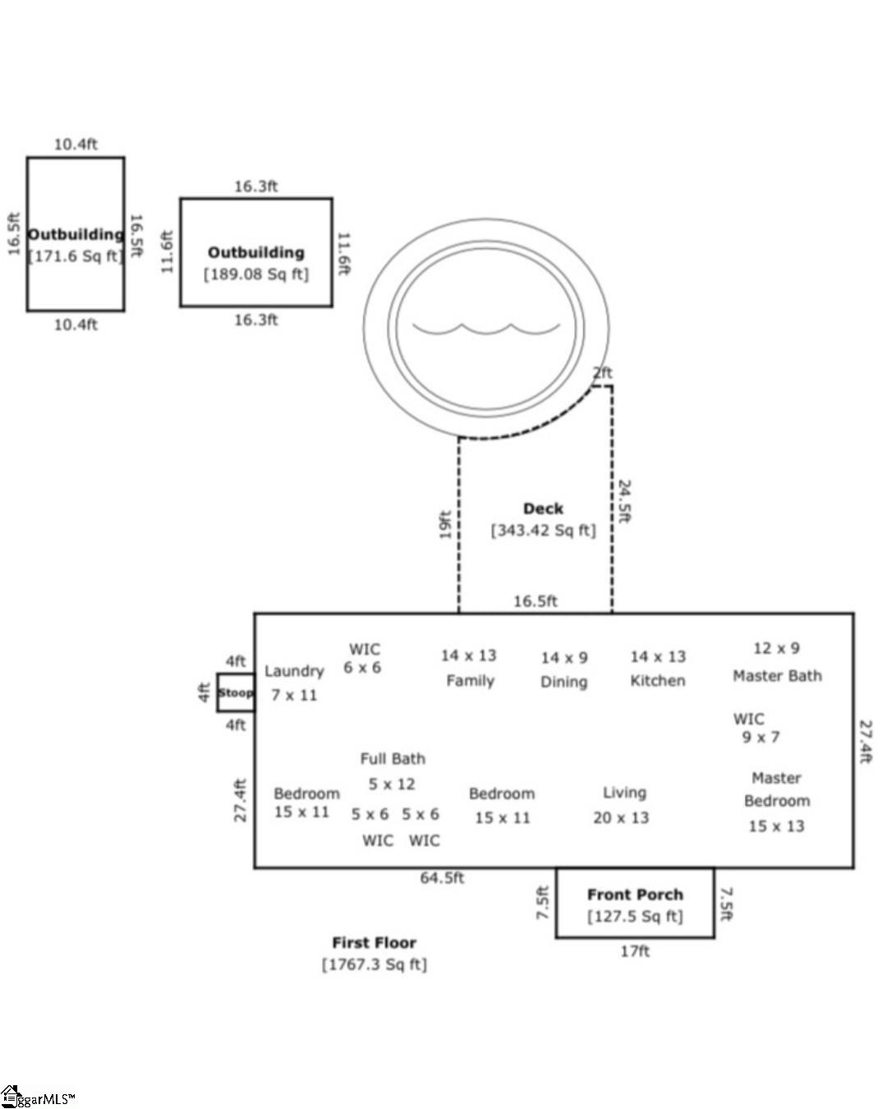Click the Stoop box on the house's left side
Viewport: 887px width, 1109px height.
click(236, 693)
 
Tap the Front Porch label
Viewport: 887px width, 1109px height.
click(635, 895)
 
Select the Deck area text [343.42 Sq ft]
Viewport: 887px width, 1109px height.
click(543, 531)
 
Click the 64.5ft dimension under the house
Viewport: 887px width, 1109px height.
click(442, 878)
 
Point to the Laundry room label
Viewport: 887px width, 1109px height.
click(294, 671)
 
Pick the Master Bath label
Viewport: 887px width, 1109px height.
click(777, 676)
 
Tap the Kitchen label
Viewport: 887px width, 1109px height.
click(657, 681)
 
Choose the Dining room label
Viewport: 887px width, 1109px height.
click(563, 682)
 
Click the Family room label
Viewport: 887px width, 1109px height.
click(470, 681)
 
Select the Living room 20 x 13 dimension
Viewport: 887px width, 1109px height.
click(621, 818)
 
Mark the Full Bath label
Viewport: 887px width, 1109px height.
click(393, 759)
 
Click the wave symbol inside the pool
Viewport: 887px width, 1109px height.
click(485, 329)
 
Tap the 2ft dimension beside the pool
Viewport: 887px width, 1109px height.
click(603, 373)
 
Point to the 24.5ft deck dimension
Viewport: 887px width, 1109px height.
click(624, 501)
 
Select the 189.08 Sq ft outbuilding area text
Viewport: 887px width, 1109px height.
click(256, 274)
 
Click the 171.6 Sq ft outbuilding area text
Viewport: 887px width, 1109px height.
click(76, 256)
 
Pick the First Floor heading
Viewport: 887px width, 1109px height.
click(374, 943)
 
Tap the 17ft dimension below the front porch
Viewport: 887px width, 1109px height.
click(635, 951)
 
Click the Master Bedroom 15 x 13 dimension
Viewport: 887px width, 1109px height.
click(776, 826)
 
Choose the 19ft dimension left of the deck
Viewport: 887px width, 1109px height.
click(445, 524)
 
